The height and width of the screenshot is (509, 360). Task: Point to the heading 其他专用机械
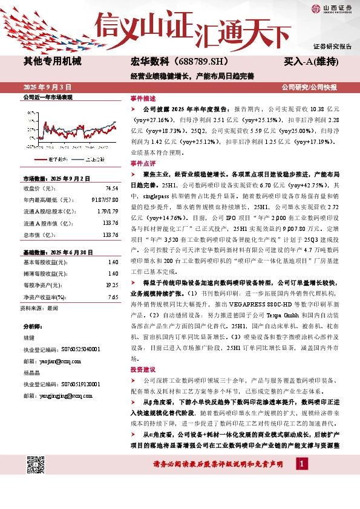tap(52, 62)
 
